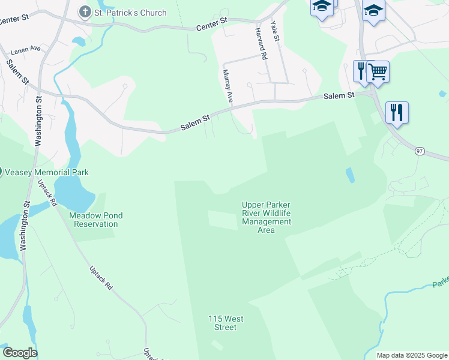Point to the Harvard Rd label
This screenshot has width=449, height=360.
[x=261, y=43]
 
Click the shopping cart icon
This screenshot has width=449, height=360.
[x=378, y=71]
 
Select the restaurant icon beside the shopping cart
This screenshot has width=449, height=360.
[x=361, y=71]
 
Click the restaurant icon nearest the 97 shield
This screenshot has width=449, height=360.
[x=397, y=112]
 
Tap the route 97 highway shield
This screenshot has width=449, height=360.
[x=420, y=151]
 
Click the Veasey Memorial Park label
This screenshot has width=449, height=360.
[x=47, y=172]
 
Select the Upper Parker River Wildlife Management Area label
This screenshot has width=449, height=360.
[x=267, y=217]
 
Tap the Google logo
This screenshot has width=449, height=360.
[x=20, y=353]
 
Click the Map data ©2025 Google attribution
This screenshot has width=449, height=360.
[x=411, y=355]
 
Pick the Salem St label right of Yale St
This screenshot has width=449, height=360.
[x=339, y=95]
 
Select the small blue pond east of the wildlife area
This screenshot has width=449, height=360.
[x=349, y=175]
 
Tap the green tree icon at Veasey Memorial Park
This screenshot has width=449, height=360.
[x=1, y=172]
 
